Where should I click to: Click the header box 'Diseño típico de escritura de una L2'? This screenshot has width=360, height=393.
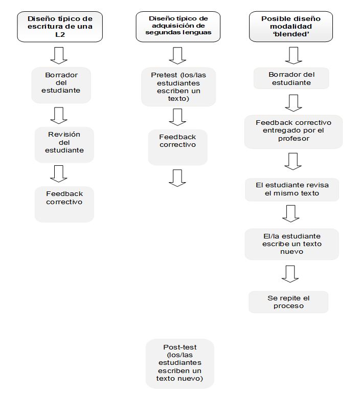[x=60, y=27]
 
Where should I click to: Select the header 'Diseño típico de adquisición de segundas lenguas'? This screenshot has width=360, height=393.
[x=178, y=27]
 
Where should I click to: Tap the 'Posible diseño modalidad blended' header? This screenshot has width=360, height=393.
[x=291, y=27]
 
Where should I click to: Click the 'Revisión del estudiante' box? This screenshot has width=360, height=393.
[x=64, y=145]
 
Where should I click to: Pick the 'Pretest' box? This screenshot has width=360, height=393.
[x=178, y=86]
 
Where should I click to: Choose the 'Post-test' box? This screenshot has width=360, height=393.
[x=180, y=364]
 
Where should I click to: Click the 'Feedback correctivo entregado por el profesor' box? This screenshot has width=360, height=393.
[x=294, y=132]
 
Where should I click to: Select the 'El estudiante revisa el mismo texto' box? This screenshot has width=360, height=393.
[x=292, y=189]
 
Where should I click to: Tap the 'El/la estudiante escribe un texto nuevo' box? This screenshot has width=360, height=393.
[x=292, y=244]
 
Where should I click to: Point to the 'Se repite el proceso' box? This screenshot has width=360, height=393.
[x=288, y=302]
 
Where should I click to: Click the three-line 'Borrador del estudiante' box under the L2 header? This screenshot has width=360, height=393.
[x=61, y=85]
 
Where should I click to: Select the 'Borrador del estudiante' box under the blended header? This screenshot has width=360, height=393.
[x=291, y=78]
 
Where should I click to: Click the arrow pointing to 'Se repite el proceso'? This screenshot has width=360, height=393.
[x=290, y=274]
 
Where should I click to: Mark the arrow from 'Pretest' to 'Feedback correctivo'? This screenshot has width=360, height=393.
[x=177, y=117]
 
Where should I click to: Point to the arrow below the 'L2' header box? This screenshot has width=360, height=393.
[x=59, y=55]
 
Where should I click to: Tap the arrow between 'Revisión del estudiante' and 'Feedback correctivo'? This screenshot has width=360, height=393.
[x=59, y=173]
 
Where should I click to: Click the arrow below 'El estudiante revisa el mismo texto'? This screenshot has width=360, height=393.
[x=291, y=213]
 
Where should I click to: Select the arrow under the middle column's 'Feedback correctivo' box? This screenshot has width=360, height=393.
[x=177, y=178]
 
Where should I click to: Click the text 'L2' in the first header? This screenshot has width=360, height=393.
[x=60, y=34]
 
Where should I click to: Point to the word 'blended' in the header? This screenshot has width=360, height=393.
[x=291, y=34]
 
